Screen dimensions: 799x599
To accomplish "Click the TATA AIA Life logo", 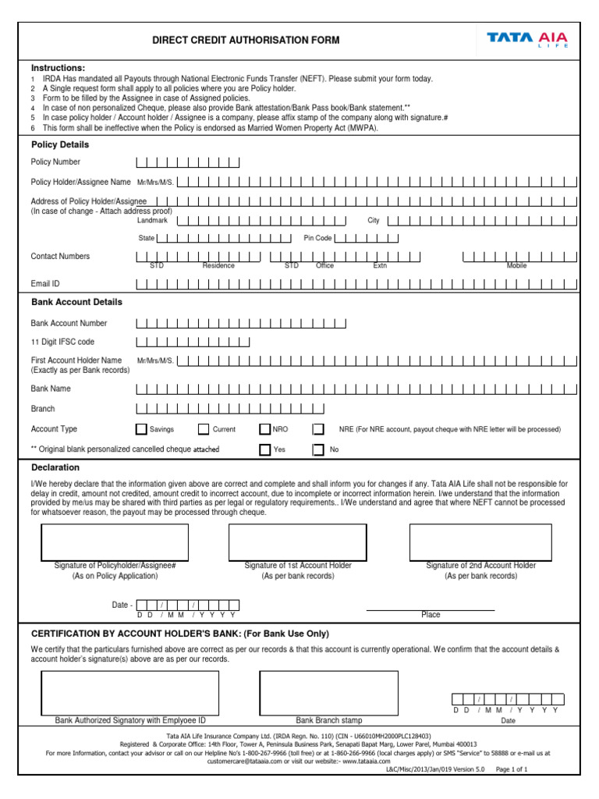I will [x=527, y=39].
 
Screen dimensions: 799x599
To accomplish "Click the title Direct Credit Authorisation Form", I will [x=246, y=41].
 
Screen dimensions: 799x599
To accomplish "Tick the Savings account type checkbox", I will [x=141, y=429].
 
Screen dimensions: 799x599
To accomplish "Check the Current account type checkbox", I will [x=204, y=429].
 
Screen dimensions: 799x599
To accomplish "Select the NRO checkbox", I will [x=265, y=429].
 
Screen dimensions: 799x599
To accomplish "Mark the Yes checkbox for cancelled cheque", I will [x=265, y=449].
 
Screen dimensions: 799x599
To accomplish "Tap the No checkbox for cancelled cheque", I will [x=318, y=449].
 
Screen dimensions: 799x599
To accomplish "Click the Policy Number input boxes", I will [x=188, y=162].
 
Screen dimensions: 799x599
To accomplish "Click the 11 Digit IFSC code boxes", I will [x=193, y=342].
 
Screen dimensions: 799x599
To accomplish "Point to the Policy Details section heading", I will [x=60, y=145].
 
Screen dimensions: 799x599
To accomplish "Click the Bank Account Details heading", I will [x=76, y=302].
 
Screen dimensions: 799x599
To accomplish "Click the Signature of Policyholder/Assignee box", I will [x=115, y=542].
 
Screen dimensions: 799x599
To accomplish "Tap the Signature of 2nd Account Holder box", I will [x=480, y=542].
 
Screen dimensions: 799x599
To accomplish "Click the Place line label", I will [x=431, y=615].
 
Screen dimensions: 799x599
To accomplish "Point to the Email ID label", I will [x=45, y=284].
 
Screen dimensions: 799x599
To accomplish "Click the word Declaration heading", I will [x=55, y=467].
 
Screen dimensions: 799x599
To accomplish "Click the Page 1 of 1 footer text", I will [x=512, y=769].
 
